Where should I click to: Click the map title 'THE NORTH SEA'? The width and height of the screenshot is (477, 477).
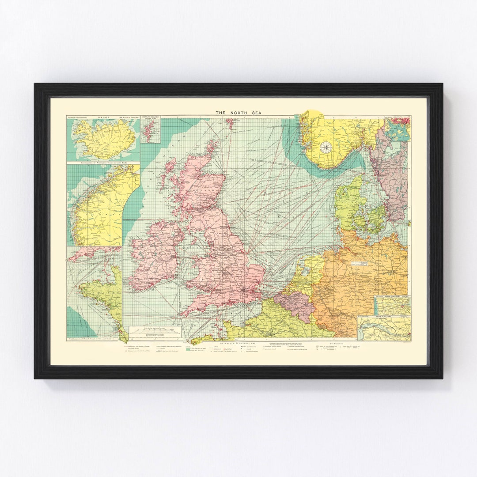pyautogui.click(x=238, y=113)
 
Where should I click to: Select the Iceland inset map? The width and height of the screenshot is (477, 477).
pyautogui.click(x=103, y=138)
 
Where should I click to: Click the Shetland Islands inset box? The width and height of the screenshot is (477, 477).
pyautogui.click(x=150, y=129)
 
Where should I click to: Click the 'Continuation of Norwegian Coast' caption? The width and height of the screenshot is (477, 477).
pyautogui.click(x=103, y=163)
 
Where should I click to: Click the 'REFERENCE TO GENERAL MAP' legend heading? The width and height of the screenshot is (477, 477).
pyautogui.click(x=238, y=342)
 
